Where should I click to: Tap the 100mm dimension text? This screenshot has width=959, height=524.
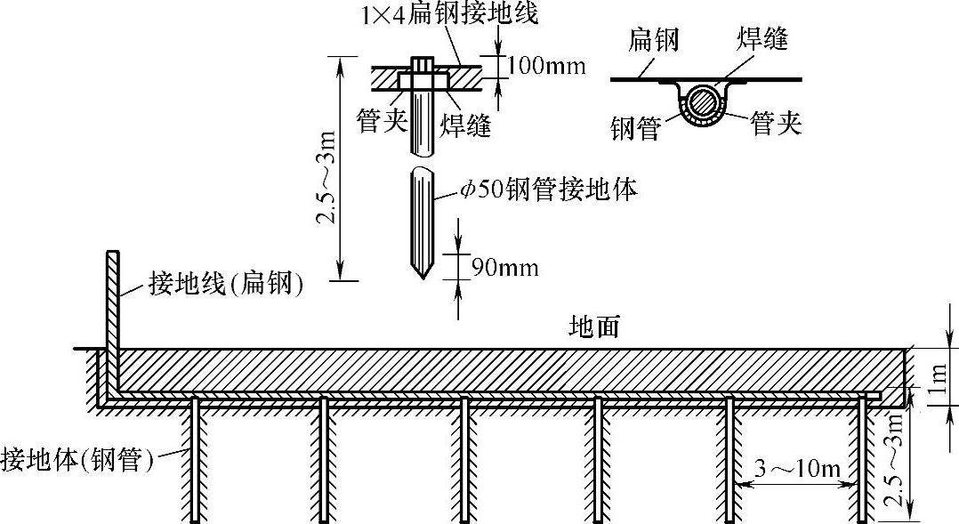pyautogui.click(x=546, y=66)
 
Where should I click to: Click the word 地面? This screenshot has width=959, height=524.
pyautogui.click(x=593, y=327)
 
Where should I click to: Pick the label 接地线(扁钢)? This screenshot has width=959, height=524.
pyautogui.click(x=224, y=285)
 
